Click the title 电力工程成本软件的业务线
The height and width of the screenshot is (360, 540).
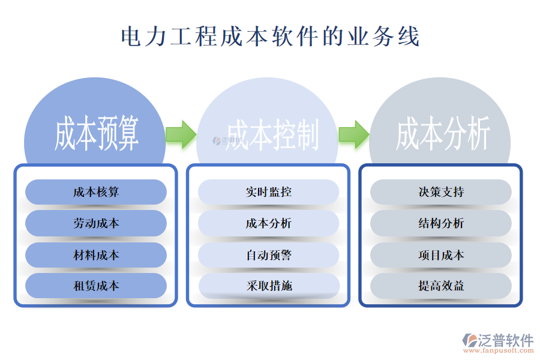(270, 37)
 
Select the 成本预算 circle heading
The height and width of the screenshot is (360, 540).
(96, 133)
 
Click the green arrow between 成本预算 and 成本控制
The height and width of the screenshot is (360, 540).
(180, 134)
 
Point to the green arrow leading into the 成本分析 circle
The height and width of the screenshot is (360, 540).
(353, 134)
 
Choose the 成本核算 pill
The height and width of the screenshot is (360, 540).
(96, 192)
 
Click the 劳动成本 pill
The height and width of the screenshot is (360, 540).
(96, 223)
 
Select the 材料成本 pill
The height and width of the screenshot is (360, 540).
(96, 255)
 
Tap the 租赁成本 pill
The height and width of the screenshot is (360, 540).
(96, 286)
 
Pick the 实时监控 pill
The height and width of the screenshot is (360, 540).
(268, 192)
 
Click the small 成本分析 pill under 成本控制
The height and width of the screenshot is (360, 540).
(268, 223)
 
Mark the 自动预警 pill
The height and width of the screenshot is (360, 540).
(268, 255)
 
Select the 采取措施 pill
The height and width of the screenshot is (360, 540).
(268, 286)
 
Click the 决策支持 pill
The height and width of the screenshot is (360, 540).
(441, 192)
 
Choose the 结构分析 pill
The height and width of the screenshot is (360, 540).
(441, 223)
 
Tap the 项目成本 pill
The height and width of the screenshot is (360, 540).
(441, 255)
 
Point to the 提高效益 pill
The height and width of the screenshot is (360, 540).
(441, 286)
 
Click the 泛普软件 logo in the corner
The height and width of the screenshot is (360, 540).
(497, 340)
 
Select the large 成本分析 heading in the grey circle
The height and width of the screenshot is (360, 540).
(443, 133)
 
